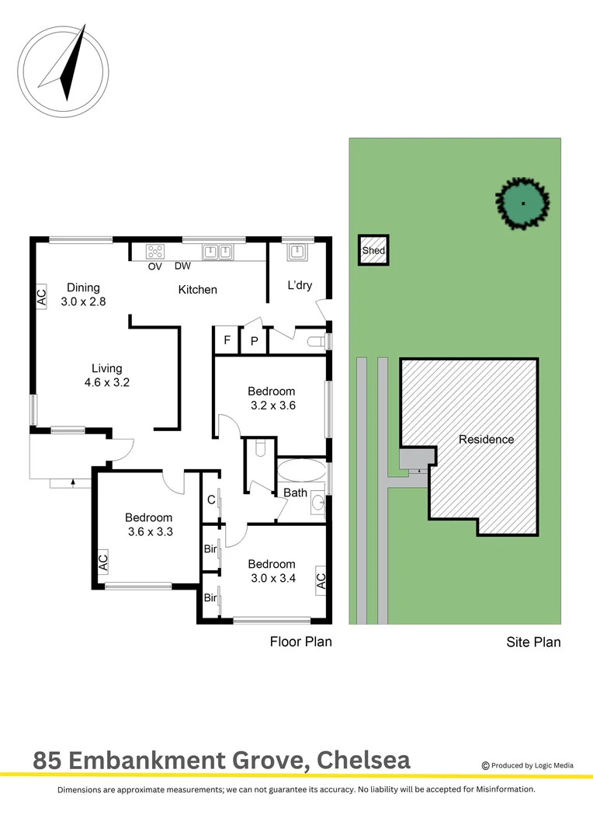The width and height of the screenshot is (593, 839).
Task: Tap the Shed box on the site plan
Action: tap(373, 251)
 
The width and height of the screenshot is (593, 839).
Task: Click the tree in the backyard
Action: tap(522, 203)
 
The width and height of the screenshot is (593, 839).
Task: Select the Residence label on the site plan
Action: tap(486, 439)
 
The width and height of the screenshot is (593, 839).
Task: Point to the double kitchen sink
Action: tap(217, 251)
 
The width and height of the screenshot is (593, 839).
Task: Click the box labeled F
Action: tap(227, 340)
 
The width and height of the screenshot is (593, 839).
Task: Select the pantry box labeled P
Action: tap(254, 340)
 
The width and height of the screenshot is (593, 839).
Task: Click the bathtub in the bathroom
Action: tap(302, 470)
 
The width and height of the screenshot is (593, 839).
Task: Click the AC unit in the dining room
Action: tap(41, 296)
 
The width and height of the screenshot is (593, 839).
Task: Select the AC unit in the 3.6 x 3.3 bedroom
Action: tap(103, 562)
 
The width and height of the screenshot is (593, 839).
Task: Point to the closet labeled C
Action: tap(210, 500)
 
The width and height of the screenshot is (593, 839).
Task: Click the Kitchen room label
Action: tap(198, 290)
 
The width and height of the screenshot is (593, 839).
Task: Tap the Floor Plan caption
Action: tap(300, 642)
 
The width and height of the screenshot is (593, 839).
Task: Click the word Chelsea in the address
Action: tap(362, 760)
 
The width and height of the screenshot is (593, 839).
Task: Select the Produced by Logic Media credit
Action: tap(528, 765)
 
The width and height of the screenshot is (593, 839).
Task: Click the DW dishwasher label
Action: tap(183, 266)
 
